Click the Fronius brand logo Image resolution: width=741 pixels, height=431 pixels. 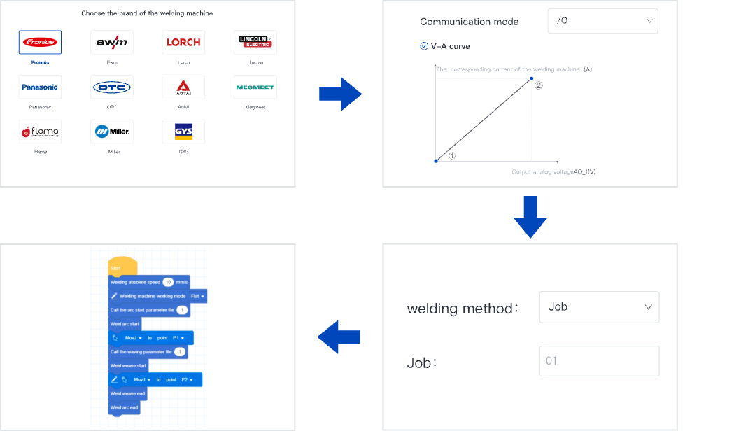(40, 42)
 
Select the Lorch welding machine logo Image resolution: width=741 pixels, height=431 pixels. (183, 42)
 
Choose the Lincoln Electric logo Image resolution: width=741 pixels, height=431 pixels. (255, 42)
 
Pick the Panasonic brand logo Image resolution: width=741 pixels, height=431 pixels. (40, 87)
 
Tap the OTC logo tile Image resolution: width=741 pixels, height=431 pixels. (111, 87)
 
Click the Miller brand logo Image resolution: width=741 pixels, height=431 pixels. (111, 131)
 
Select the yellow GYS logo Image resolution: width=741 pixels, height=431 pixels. (183, 131)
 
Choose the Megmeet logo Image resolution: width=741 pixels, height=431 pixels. (255, 87)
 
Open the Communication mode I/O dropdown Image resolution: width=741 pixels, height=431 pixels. (602, 21)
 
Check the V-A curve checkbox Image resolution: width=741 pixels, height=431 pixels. (424, 46)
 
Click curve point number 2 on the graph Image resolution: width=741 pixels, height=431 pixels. (531, 78)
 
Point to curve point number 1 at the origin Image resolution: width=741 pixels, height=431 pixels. (436, 161)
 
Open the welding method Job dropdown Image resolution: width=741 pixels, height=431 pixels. (599, 307)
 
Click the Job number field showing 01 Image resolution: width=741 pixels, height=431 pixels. (599, 361)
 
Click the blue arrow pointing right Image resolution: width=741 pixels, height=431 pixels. (340, 94)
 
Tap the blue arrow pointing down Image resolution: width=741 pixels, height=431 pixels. (530, 216)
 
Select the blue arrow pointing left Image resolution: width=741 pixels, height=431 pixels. (339, 337)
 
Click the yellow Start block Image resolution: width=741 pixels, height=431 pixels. (122, 267)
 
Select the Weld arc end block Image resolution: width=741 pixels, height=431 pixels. (125, 407)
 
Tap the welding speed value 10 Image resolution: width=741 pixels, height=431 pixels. (168, 282)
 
